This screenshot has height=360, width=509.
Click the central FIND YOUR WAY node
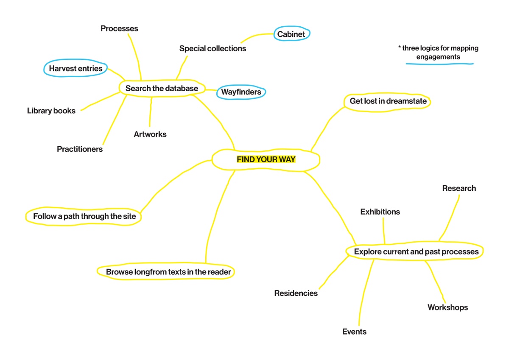point(266,160)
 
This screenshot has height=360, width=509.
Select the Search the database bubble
point(162,89)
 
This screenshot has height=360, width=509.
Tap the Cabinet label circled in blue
point(291,34)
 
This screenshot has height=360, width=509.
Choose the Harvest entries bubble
point(76,68)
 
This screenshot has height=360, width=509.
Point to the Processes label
point(119,28)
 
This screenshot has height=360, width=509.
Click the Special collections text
point(213,48)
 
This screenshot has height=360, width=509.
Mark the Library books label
point(51,111)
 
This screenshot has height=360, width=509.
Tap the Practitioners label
point(80,149)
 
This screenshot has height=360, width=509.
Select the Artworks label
point(150,134)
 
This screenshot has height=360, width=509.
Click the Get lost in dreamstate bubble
point(388,102)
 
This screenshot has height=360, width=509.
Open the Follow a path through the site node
point(84,216)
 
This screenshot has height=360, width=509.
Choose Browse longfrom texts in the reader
point(168,272)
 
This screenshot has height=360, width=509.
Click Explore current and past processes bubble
point(416,252)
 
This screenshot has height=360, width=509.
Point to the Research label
point(459,188)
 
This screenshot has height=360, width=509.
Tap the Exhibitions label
point(380,212)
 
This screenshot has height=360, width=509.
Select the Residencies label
point(296,293)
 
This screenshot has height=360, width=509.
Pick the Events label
point(354,332)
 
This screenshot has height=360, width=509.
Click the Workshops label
point(447,307)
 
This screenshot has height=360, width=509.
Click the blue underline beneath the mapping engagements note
point(439,64)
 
